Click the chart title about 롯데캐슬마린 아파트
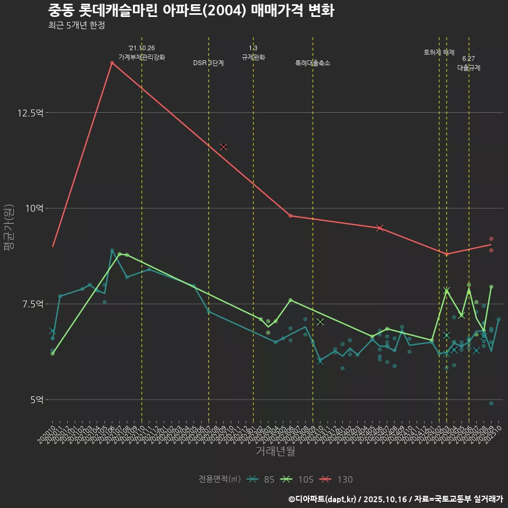pos(190,11)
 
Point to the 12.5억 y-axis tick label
pos(31,113)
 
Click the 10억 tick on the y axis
pos(34,208)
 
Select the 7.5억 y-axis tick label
pos(32,304)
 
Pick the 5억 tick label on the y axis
pos(36,400)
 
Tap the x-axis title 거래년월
pos(275,451)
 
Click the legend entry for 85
pos(262,479)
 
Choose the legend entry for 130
pos(338,479)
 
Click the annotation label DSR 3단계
pos(208,63)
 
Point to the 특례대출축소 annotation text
pos(313,63)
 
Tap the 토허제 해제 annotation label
pos(439,52)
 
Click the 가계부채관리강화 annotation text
pos(142,57)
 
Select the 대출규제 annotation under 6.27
pos(469,68)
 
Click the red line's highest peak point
pos(112,62)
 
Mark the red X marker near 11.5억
pos(223,147)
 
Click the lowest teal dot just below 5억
pos(491,403)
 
